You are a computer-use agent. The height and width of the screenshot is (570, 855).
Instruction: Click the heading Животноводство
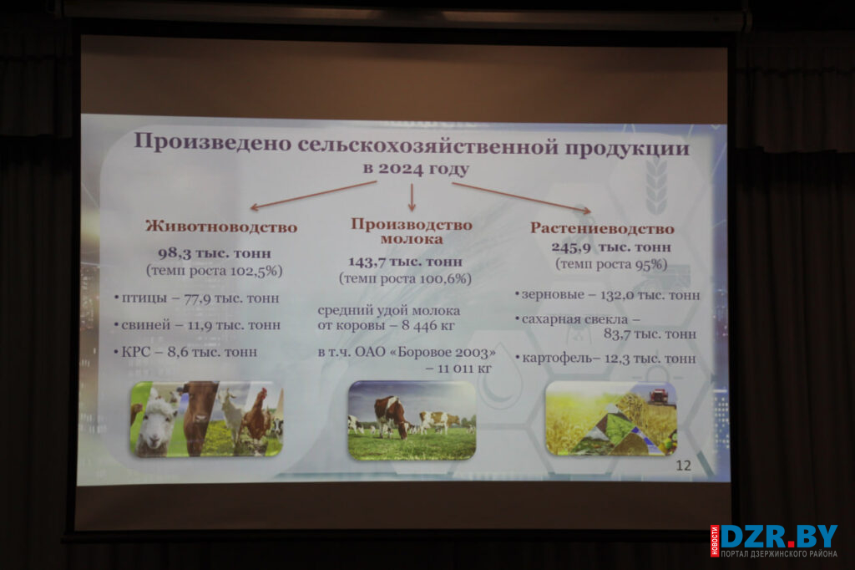[221, 226]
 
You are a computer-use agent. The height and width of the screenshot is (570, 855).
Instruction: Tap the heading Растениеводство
[602, 228]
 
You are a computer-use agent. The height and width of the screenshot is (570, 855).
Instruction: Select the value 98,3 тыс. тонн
[215, 253]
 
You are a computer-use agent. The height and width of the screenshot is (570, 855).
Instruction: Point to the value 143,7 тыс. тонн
[405, 262]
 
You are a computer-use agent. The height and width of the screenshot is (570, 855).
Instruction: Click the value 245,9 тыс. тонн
[610, 247]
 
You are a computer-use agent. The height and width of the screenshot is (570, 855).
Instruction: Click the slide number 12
[683, 466]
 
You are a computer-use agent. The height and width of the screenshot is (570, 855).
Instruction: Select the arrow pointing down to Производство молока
[412, 197]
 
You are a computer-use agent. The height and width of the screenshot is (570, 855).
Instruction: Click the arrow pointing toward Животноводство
[313, 196]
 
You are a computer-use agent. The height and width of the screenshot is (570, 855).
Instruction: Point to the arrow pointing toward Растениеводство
[522, 197]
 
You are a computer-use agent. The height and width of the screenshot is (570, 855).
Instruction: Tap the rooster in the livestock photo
[256, 414]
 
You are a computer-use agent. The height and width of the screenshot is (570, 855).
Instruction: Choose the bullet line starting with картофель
[606, 359]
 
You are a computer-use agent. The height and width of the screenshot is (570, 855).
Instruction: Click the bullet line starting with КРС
[185, 352]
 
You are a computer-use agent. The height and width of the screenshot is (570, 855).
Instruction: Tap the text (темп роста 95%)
[611, 265]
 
